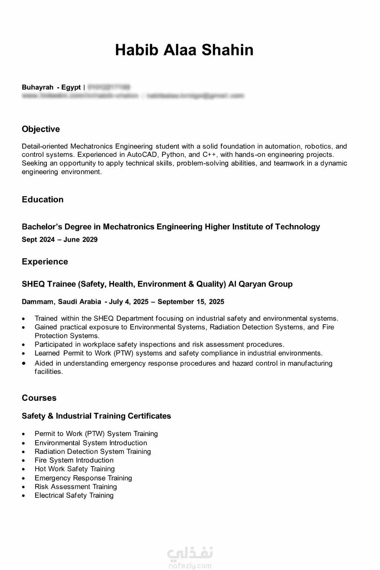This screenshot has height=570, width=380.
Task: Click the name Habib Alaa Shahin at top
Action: (184, 50)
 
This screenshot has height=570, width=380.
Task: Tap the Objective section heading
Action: (41, 129)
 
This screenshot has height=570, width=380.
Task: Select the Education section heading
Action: (43, 200)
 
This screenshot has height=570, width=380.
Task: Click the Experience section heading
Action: (45, 262)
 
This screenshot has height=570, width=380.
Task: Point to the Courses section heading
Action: (39, 398)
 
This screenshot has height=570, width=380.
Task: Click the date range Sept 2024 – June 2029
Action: (60, 240)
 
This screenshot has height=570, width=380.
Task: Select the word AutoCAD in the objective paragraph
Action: (142, 155)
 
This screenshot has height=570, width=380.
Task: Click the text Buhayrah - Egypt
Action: (51, 87)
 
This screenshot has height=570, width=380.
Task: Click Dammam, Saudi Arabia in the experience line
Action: (61, 302)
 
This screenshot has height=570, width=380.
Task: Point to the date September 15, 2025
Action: (191, 302)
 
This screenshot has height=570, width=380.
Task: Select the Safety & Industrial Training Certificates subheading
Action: (96, 416)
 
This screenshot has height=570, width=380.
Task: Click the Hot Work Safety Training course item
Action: (75, 469)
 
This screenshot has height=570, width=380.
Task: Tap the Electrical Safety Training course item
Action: (74, 495)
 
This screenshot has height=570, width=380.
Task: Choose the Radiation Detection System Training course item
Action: (93, 452)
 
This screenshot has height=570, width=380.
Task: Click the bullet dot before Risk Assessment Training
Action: (24, 487)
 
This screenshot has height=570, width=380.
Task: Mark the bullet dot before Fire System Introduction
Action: (24, 461)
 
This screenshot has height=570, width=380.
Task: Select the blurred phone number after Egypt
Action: (109, 87)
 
